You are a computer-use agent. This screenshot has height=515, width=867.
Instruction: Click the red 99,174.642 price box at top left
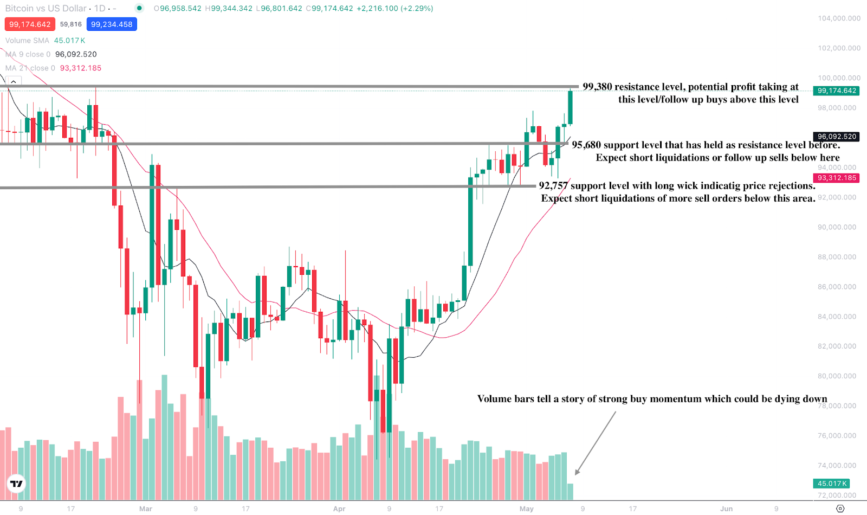tap(30, 24)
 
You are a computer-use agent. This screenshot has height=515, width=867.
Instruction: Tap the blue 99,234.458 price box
tap(112, 24)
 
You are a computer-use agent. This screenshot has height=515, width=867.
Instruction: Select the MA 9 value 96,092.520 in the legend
tap(76, 54)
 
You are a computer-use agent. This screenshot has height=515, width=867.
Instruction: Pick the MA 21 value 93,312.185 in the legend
tap(80, 68)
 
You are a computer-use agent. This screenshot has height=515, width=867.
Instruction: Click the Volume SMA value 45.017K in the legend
tap(69, 41)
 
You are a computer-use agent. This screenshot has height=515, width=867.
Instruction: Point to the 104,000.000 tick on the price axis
tap(839, 18)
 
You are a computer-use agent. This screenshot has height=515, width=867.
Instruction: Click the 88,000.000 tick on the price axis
tap(837, 257)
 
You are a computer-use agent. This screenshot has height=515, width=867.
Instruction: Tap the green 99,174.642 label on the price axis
tap(837, 91)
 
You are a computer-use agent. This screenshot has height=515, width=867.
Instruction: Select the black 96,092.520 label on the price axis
tap(837, 137)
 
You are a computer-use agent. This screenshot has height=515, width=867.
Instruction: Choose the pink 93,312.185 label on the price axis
tap(837, 178)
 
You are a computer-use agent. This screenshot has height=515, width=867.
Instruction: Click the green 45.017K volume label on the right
tap(832, 484)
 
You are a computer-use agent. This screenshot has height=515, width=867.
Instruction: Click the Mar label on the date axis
tap(146, 508)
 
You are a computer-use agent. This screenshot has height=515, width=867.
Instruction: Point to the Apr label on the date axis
tap(339, 508)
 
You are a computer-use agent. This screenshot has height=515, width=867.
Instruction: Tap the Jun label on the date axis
tap(726, 508)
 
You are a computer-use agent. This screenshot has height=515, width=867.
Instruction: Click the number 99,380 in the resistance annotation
tap(597, 87)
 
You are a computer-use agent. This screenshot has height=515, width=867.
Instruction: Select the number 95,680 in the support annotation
tap(586, 145)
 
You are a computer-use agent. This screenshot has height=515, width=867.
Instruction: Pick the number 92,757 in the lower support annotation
tap(553, 185)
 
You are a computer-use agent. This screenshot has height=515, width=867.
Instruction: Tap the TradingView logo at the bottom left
tap(17, 484)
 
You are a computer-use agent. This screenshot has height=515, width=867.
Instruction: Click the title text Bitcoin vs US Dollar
tap(46, 9)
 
